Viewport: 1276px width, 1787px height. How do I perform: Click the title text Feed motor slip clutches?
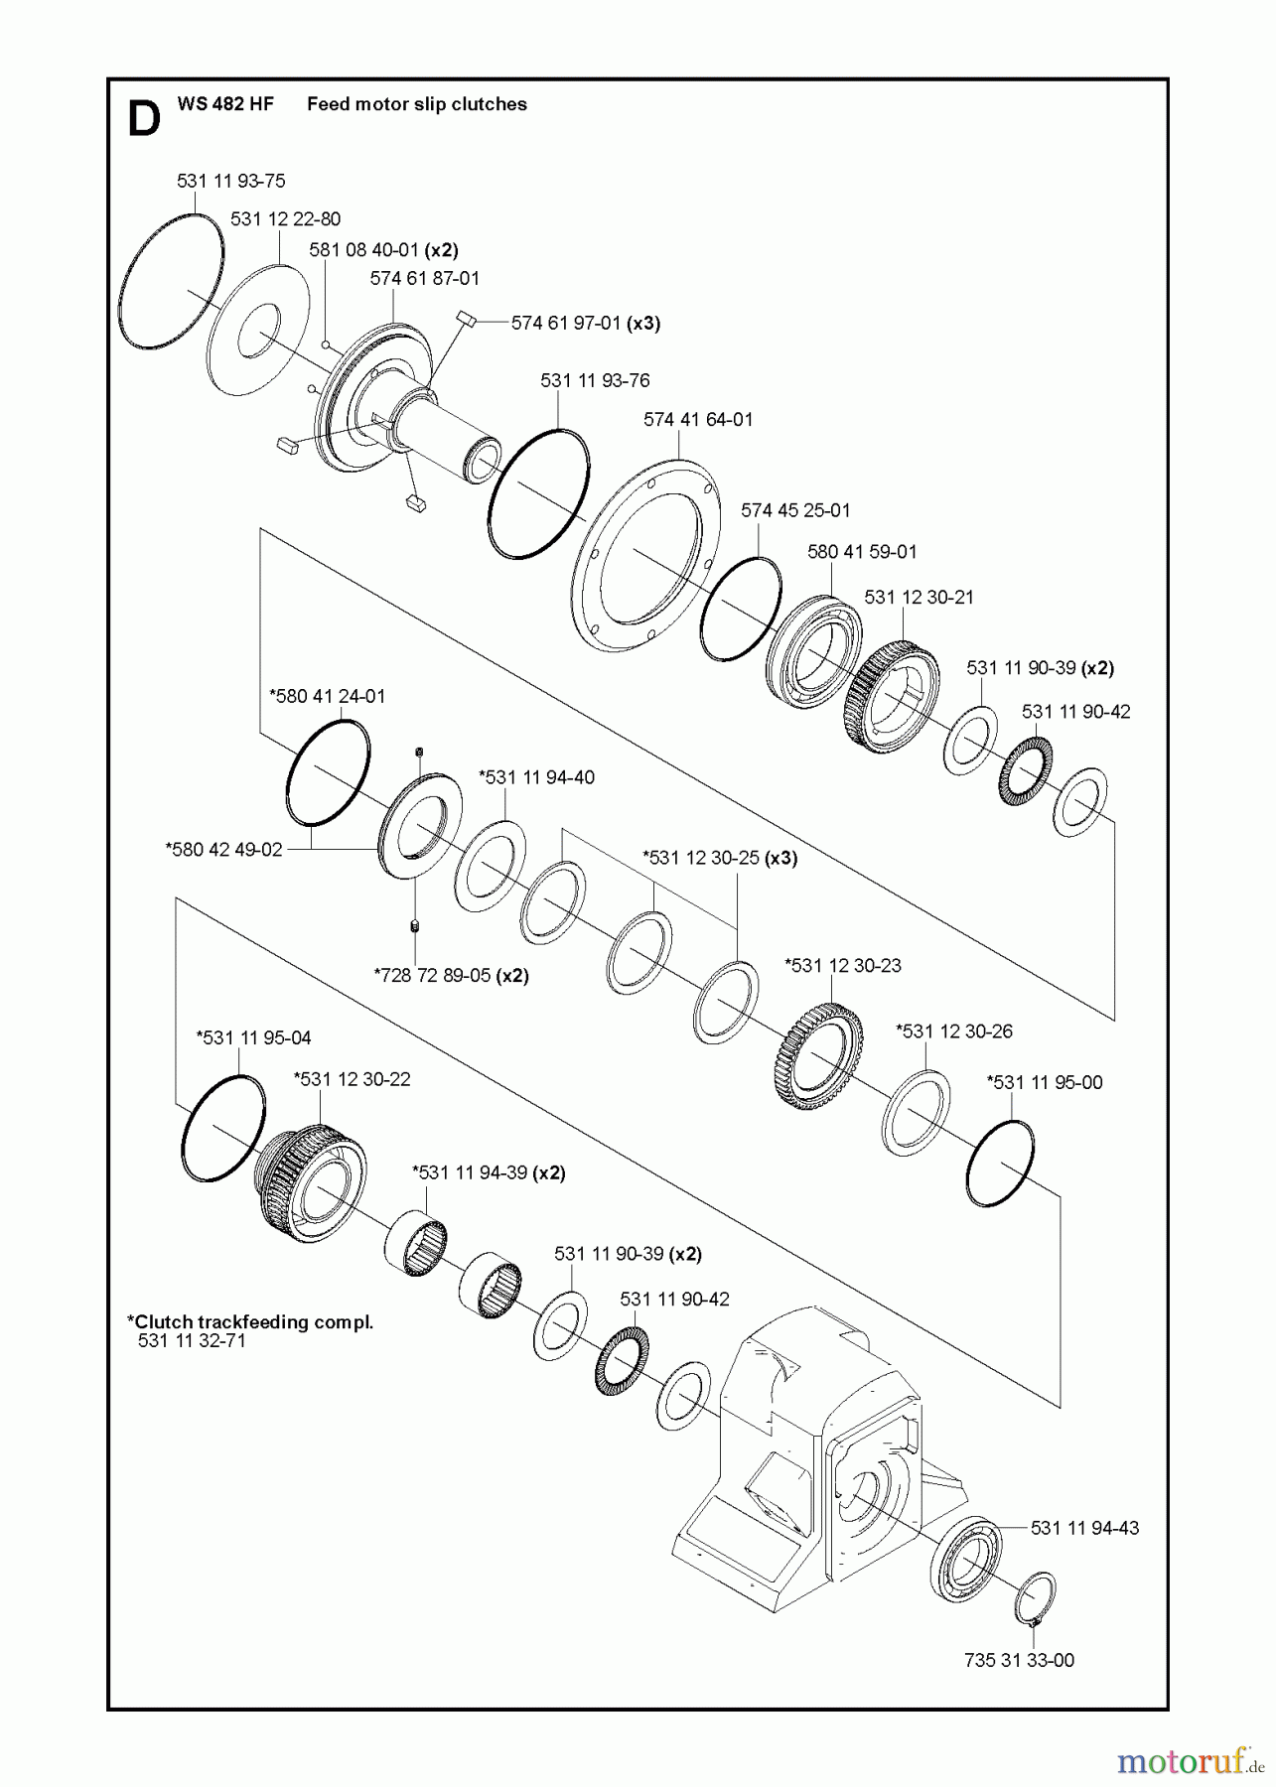(x=416, y=104)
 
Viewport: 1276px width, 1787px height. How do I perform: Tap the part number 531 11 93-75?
(x=230, y=181)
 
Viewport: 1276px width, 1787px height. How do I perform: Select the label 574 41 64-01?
(x=697, y=419)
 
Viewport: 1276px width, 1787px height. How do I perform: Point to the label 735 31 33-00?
(x=1018, y=1660)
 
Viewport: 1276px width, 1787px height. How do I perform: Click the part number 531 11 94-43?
(x=1084, y=1528)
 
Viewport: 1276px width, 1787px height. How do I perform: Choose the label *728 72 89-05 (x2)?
(x=451, y=975)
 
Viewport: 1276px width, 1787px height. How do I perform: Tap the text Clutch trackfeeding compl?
(x=250, y=1321)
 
